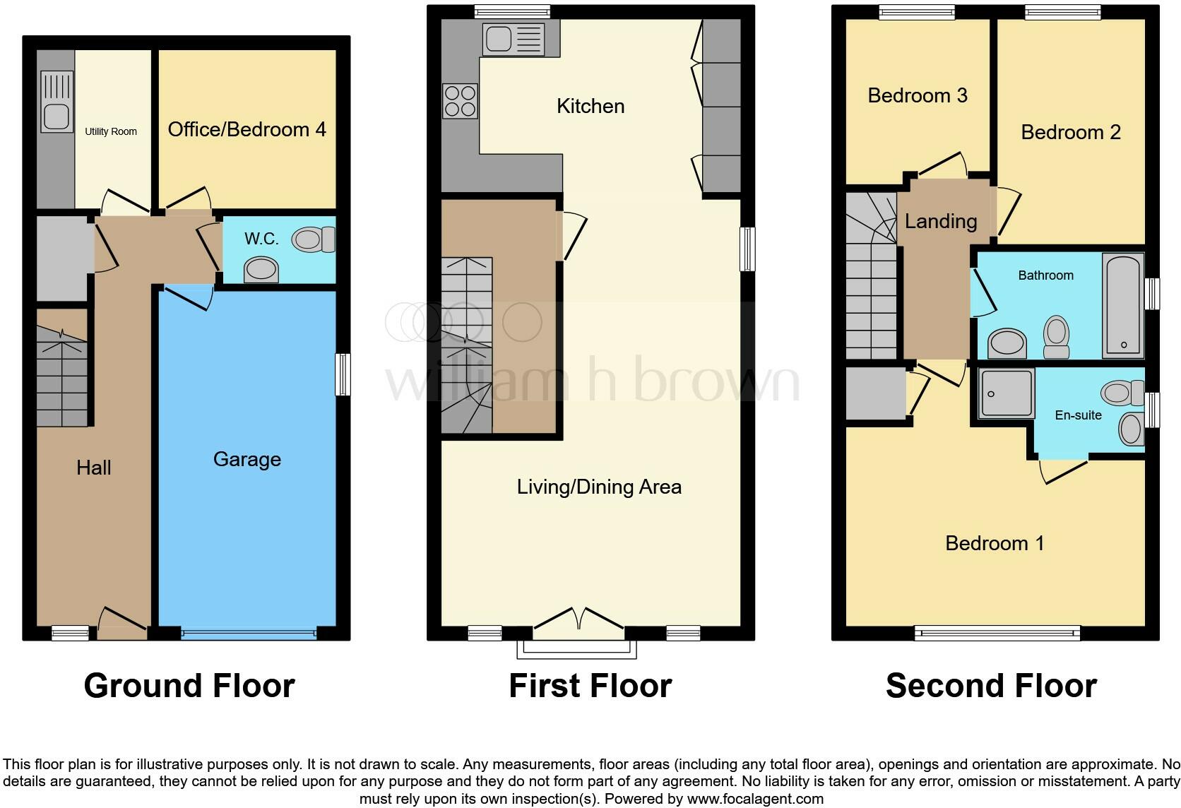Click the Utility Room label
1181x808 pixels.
111,131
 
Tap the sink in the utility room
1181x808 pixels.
57,102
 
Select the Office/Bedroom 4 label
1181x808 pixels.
247,129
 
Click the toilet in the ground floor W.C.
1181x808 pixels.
314,239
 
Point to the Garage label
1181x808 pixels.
247,460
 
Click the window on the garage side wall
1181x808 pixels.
343,374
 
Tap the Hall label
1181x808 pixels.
94,468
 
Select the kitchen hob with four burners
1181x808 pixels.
460,101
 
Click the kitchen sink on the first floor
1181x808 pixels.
513,39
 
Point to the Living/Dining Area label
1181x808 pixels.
599,487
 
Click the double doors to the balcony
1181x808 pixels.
579,619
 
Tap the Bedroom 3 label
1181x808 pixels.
918,95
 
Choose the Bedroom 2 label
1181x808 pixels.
1071,132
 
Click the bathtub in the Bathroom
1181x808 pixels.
1122,306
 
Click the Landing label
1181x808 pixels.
941,221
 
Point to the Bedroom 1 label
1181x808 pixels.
994,543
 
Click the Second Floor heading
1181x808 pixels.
991,686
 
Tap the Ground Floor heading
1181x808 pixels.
189,686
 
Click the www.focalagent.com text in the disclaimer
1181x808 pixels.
754,799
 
